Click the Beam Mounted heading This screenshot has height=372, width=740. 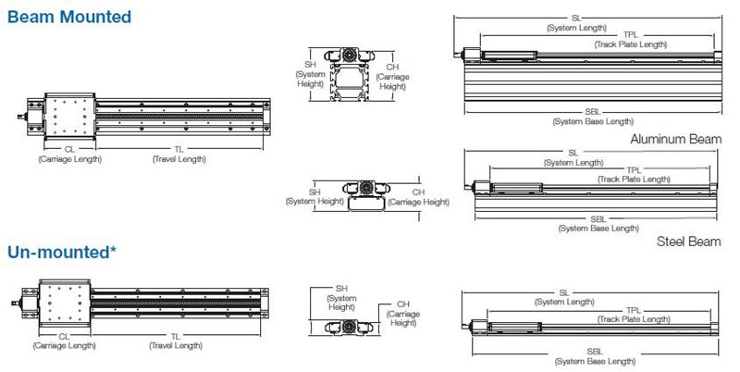(x=69, y=17)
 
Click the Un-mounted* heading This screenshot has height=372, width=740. (x=62, y=252)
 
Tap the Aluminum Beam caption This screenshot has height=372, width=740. (x=676, y=139)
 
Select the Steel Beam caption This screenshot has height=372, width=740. (x=688, y=242)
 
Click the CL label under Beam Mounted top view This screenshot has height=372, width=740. (x=70, y=149)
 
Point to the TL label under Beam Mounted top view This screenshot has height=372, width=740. (x=179, y=149)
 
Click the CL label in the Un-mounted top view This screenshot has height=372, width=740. (x=64, y=337)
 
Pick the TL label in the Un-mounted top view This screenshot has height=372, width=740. (x=176, y=337)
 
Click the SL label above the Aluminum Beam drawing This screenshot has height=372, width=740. (x=576, y=19)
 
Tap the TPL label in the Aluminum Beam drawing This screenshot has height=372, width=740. (x=631, y=35)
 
